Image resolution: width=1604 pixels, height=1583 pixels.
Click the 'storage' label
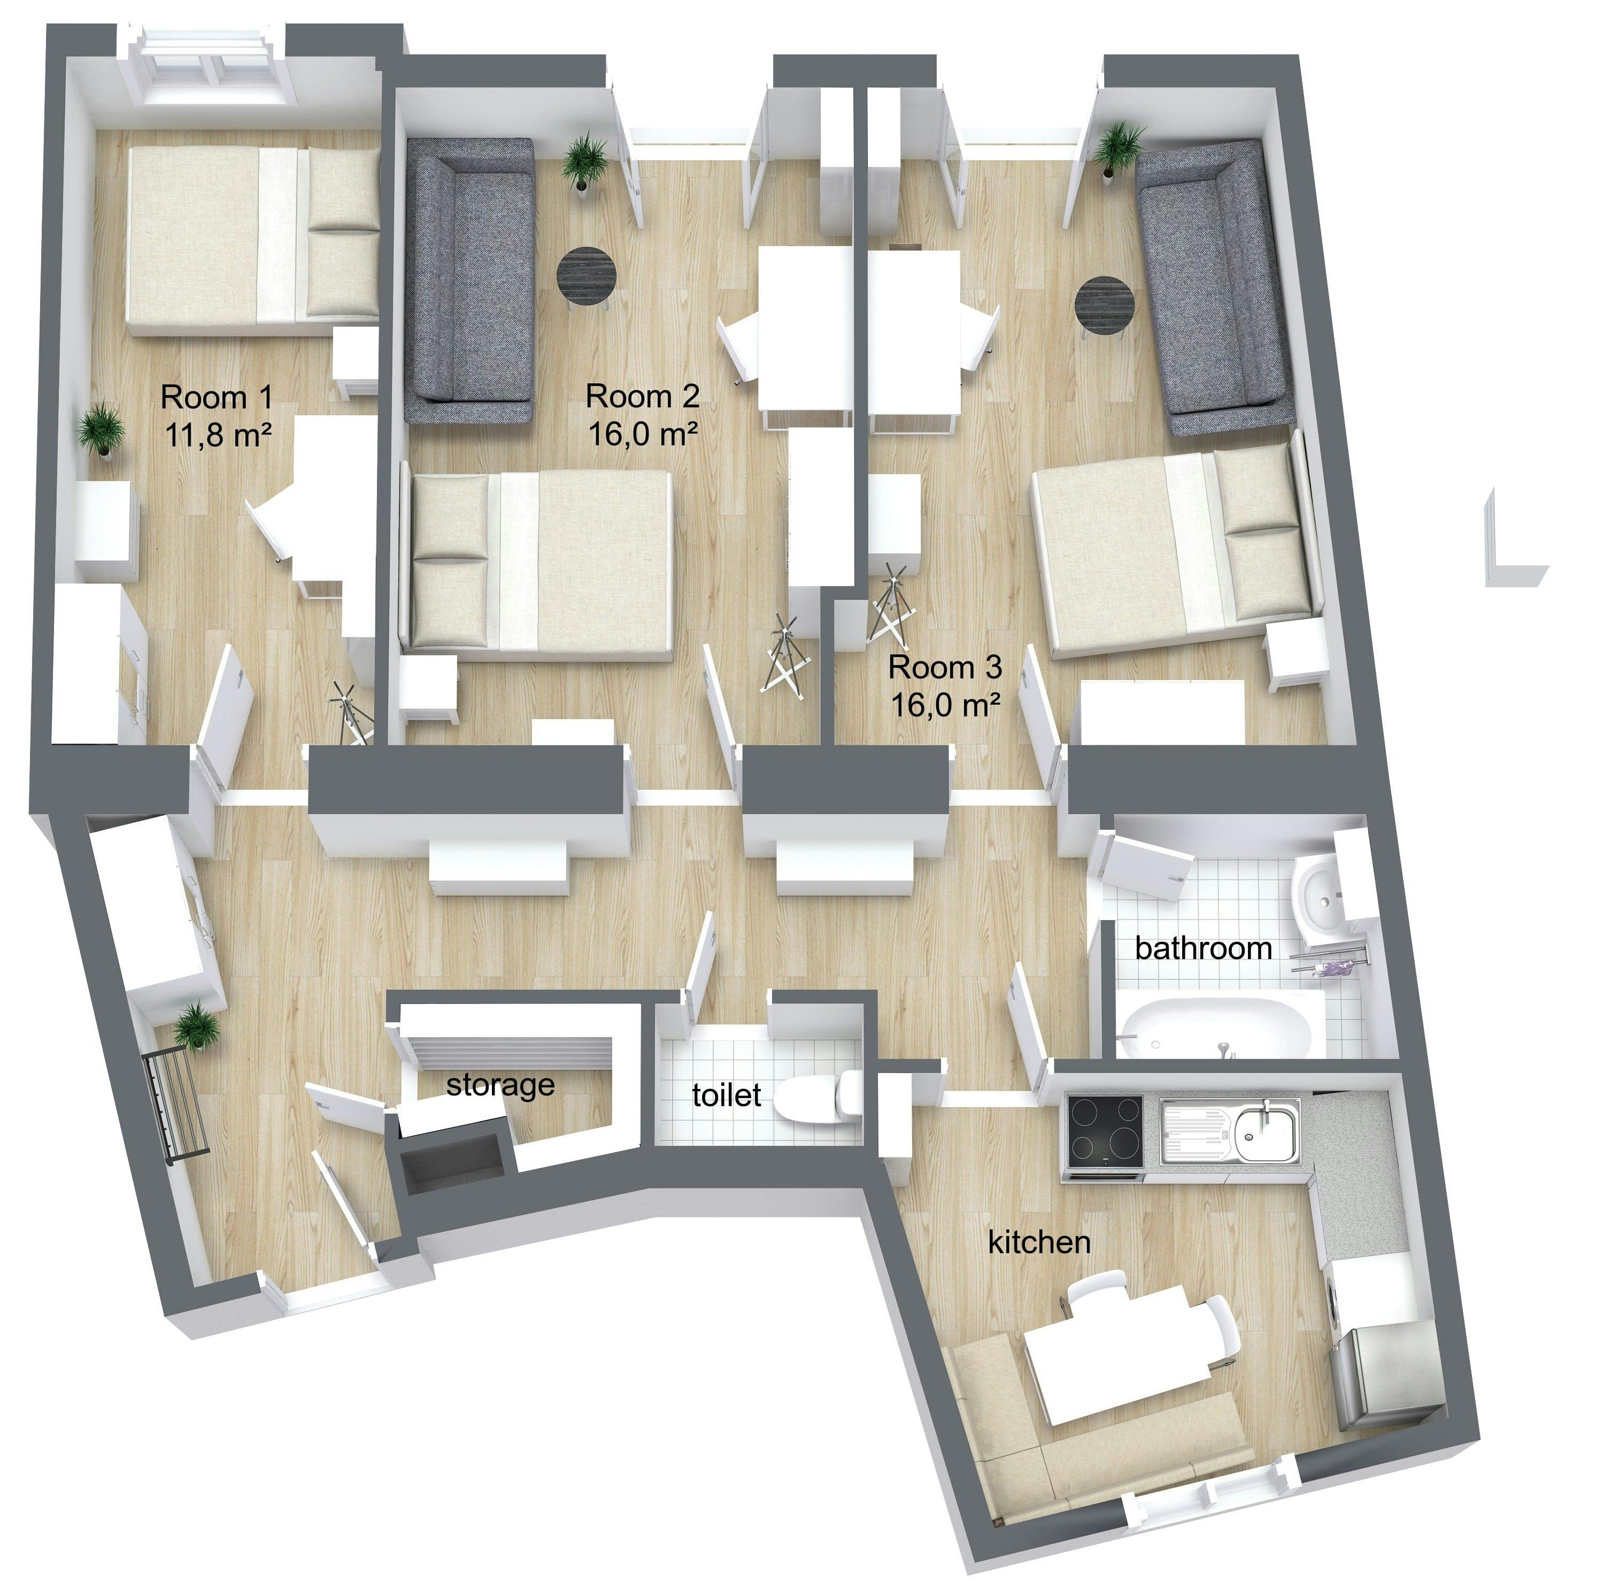500,1084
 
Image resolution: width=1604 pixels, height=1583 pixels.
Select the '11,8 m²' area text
218,434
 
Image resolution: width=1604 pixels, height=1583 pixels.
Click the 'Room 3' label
945,667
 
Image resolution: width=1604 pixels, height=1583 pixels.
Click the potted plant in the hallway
197,1026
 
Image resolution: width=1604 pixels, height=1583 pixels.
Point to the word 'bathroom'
1203,948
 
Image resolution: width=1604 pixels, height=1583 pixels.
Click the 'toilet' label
727,1095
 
